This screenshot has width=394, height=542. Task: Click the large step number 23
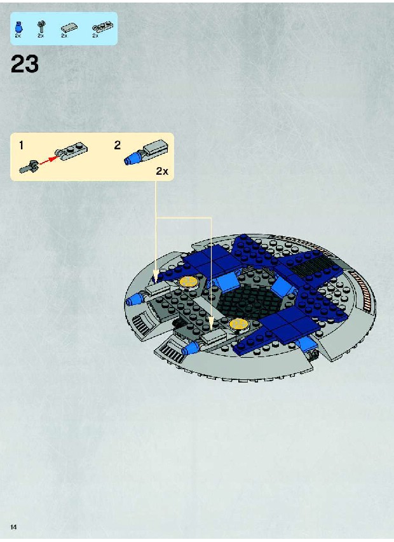[x=25, y=64]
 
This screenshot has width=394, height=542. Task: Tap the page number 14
[x=13, y=527]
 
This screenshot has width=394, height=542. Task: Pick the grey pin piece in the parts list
[x=41, y=26]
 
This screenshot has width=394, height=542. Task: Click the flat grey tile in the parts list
[x=69, y=28]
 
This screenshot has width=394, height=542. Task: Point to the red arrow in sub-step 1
[x=47, y=160]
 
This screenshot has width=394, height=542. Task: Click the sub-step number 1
[x=21, y=145]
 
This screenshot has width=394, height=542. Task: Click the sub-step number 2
[x=118, y=145]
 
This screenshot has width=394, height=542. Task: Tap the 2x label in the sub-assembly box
[x=162, y=171]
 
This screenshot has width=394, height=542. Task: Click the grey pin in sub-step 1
[x=29, y=166]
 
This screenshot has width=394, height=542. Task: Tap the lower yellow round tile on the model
[x=239, y=323]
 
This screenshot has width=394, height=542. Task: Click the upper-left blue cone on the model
[x=133, y=299]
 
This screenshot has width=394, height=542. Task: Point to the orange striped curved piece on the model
[x=363, y=287]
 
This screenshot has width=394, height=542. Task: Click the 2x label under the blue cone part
[x=18, y=36]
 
